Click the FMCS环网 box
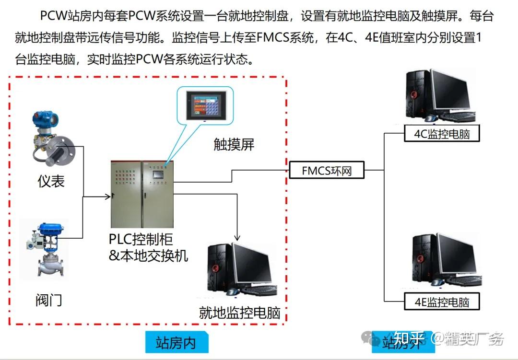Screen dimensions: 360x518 point(327,170)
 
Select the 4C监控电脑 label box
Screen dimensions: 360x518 point(442,134)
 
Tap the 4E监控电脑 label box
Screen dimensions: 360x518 point(442,302)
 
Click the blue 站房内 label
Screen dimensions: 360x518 point(176,343)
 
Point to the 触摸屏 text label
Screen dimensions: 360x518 point(234,144)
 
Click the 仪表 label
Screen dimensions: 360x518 point(51,181)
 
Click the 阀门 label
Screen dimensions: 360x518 point(48,301)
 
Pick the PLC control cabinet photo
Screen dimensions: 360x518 point(142,194)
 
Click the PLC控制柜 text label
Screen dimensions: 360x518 point(141,239)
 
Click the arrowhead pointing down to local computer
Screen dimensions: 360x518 point(237,237)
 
